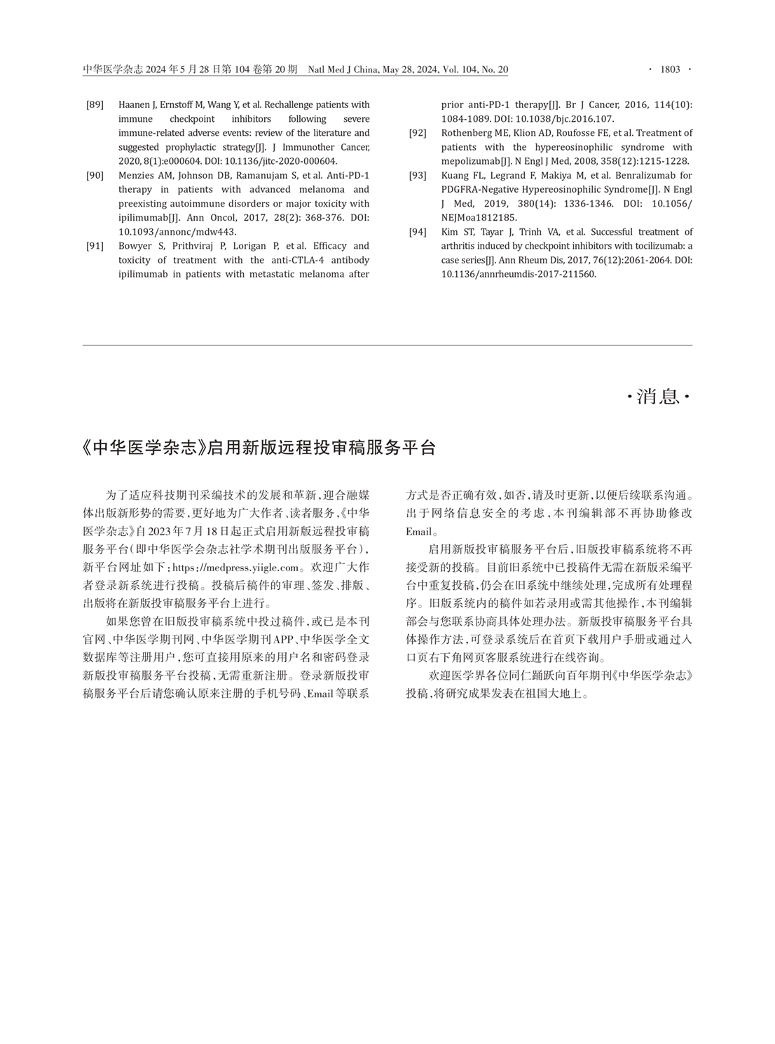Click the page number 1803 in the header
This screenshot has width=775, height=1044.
pyautogui.click(x=670, y=69)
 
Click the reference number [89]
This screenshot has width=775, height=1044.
pyautogui.click(x=95, y=104)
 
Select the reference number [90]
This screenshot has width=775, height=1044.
pyautogui.click(x=95, y=175)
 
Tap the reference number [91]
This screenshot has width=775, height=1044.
pyautogui.click(x=95, y=246)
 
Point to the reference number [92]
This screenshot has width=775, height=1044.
pyautogui.click(x=418, y=133)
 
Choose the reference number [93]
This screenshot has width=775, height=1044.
pyautogui.click(x=418, y=175)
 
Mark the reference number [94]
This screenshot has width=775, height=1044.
pyautogui.click(x=418, y=232)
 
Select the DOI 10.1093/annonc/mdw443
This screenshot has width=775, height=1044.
pyautogui.click(x=177, y=232)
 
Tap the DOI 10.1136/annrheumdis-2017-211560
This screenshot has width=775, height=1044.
pyautogui.click(x=519, y=274)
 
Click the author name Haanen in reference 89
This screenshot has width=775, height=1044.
pyautogui.click(x=134, y=104)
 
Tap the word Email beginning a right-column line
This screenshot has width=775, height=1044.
pyautogui.click(x=419, y=532)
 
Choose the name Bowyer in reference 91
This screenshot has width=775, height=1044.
pyautogui.click(x=135, y=246)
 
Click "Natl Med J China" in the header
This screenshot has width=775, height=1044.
pyautogui.click(x=342, y=69)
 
